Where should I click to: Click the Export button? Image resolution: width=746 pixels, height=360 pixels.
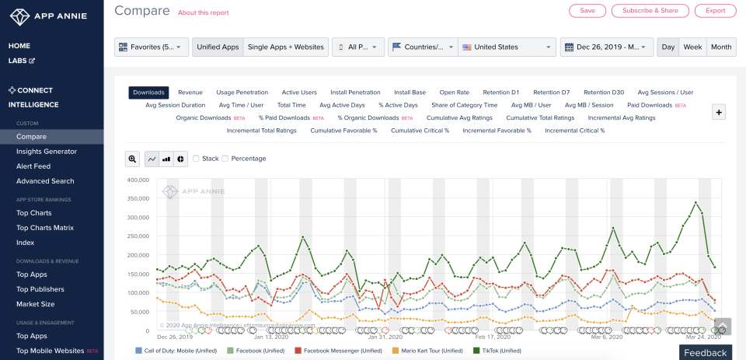pyautogui.click(x=715, y=11)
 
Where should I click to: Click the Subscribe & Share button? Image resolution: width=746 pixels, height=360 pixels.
pyautogui.click(x=650, y=11)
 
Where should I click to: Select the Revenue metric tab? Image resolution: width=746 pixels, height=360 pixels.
pyautogui.click(x=190, y=93)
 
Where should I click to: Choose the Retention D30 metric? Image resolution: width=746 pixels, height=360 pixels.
pyautogui.click(x=604, y=93)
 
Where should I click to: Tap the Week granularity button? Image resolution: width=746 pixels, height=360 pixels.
pyautogui.click(x=692, y=47)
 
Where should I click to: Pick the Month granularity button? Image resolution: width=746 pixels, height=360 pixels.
pyautogui.click(x=721, y=47)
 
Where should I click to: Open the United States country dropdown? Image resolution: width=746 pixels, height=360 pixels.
pyautogui.click(x=507, y=47)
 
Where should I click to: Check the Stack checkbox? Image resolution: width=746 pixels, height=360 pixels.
pyautogui.click(x=197, y=159)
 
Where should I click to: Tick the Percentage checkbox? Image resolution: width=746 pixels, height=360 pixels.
pyautogui.click(x=225, y=159)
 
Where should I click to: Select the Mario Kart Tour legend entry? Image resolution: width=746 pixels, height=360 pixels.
pyautogui.click(x=430, y=351)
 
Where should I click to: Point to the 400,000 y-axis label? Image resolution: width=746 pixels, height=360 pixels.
pyautogui.click(x=135, y=180)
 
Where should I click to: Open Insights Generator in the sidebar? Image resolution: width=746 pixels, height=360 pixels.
pyautogui.click(x=47, y=152)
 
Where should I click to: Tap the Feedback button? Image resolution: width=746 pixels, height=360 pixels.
pyautogui.click(x=706, y=353)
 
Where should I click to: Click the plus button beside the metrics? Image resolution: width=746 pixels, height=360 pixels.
pyautogui.click(x=719, y=112)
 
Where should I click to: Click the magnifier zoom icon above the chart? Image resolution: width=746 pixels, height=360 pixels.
pyautogui.click(x=132, y=159)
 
